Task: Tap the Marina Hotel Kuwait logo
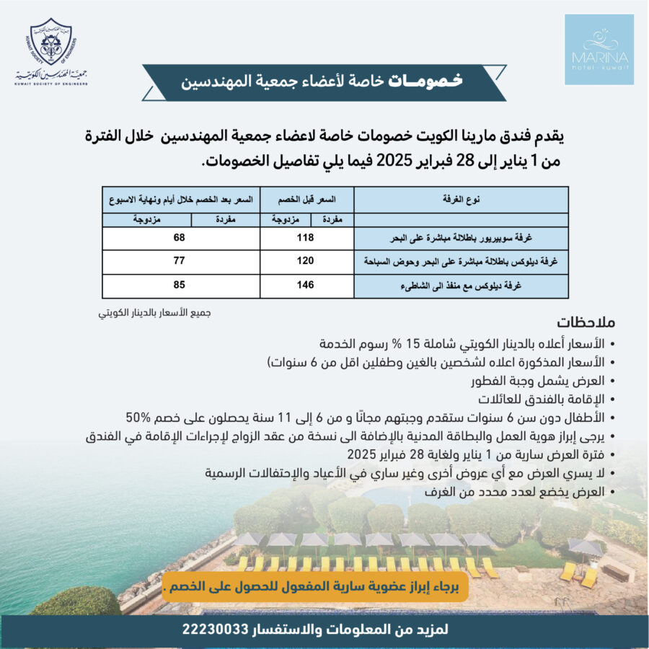point(599,49)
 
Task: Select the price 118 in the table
point(306,237)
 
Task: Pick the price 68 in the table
point(180,237)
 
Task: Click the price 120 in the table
point(306,261)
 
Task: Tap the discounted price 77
point(180,261)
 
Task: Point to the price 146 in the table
point(306,285)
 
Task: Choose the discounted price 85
point(180,285)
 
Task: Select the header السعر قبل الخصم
point(306,198)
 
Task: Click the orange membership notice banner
point(315,586)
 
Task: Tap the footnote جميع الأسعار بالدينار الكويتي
point(158,314)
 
